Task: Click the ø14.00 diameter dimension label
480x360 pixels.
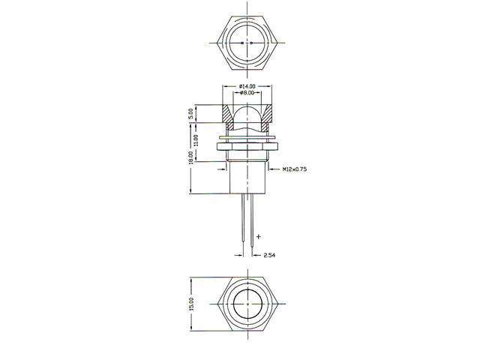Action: point(247,87)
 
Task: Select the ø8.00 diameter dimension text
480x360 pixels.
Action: point(247,94)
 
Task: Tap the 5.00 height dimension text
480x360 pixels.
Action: point(192,113)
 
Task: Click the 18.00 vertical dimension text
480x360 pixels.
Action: point(192,157)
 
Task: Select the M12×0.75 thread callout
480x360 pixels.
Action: point(295,170)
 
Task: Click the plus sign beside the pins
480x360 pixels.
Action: point(258,236)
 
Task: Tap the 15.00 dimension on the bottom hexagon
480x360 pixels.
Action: point(192,304)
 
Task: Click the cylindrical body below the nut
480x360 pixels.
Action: point(247,176)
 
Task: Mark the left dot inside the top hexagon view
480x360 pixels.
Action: point(242,43)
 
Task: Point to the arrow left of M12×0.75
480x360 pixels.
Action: point(274,170)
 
